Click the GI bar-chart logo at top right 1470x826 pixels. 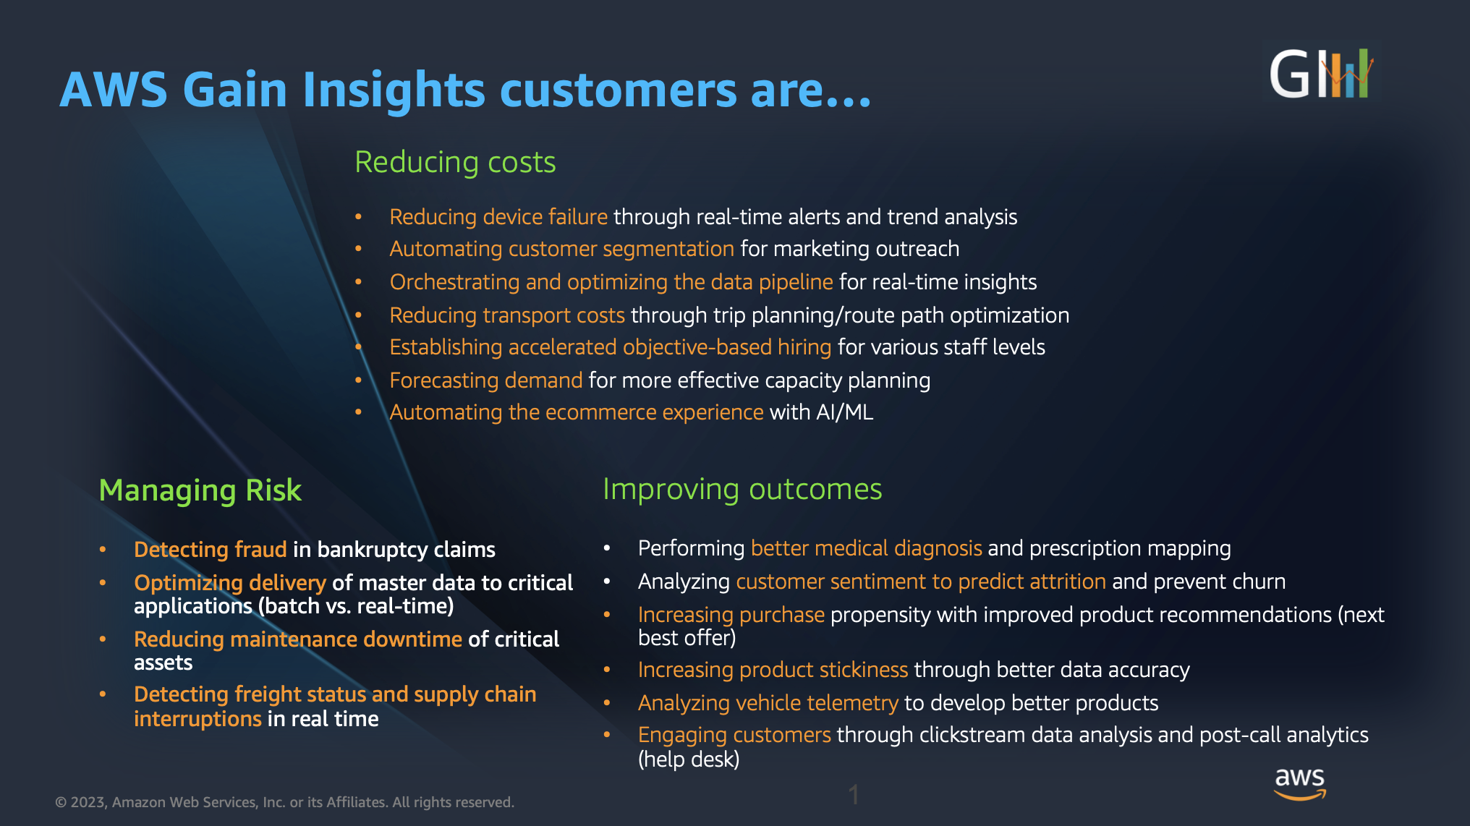pyautogui.click(x=1321, y=74)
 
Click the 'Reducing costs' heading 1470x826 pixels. pyautogui.click(x=455, y=162)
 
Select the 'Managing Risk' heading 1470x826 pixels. pyautogui.click(x=200, y=490)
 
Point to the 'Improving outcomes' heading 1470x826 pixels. pyautogui.click(x=742, y=490)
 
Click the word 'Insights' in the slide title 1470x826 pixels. pyautogui.click(x=394, y=90)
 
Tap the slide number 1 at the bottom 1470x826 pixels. pyautogui.click(x=854, y=795)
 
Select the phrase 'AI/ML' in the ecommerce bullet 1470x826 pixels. pyautogui.click(x=844, y=412)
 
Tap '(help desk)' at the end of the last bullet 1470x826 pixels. pyautogui.click(x=689, y=759)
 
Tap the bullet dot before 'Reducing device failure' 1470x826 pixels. pyautogui.click(x=358, y=217)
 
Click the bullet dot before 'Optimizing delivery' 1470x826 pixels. pyautogui.click(x=103, y=582)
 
